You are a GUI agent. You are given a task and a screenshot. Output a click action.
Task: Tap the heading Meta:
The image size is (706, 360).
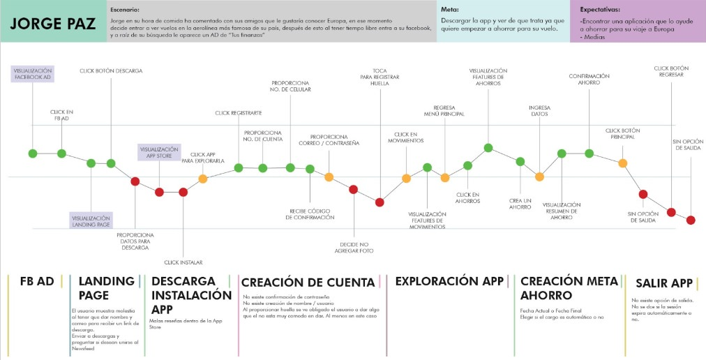point(449,10)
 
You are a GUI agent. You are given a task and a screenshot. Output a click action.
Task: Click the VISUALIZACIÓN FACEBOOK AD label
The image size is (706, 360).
point(33,74)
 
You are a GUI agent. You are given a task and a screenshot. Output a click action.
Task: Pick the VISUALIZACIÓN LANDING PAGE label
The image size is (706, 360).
point(91,220)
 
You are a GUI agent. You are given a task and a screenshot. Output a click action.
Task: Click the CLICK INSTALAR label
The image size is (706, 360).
point(183,262)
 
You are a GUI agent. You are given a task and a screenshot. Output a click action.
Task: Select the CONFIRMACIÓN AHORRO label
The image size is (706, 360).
point(589,79)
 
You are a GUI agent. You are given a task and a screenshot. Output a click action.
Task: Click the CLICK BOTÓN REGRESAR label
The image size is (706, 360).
point(671,71)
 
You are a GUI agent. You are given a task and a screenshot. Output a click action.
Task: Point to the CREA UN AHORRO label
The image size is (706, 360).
point(520,203)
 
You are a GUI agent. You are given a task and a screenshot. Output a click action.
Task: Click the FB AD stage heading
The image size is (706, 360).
point(37,281)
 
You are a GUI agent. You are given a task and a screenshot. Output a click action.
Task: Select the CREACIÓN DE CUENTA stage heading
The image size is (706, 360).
point(307,282)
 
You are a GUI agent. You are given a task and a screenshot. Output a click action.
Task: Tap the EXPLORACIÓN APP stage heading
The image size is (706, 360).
point(449,281)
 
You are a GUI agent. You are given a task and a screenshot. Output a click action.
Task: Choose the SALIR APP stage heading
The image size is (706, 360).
point(663,283)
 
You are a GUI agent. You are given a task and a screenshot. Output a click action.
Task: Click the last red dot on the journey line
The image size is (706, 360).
point(691,220)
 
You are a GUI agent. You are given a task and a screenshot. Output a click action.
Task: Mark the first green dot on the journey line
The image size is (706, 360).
point(32,153)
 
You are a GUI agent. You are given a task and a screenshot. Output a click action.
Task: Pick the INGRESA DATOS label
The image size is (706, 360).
point(539,111)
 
